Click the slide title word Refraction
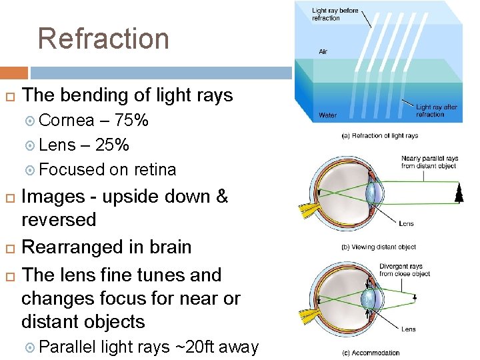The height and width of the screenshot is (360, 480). coord(103,39)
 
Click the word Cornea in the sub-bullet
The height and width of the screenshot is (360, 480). coord(67,121)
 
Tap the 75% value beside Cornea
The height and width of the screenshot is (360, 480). coord(132,121)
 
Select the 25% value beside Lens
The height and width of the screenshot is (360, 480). coord(113,145)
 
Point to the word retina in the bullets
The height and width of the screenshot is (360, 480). coord(152,169)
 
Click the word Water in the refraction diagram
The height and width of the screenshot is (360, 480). coord(327,115)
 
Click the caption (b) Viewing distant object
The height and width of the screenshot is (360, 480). coord(378,247)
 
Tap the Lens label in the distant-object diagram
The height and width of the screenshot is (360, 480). coord(406,224)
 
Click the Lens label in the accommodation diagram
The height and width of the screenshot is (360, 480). coord(408,329)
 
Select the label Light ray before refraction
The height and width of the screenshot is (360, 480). coord(335,14)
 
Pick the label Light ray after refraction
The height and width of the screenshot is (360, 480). coord(437,110)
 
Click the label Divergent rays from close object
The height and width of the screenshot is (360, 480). coord(405,270)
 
